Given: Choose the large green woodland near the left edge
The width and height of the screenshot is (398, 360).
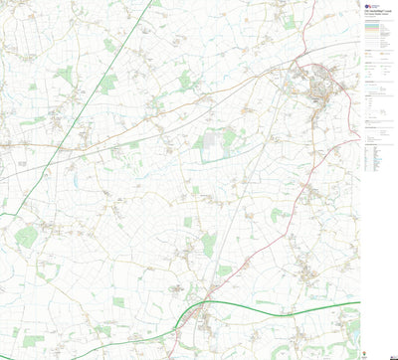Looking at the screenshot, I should point(26,237).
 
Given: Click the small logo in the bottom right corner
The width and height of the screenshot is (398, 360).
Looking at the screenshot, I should point(386,351).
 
